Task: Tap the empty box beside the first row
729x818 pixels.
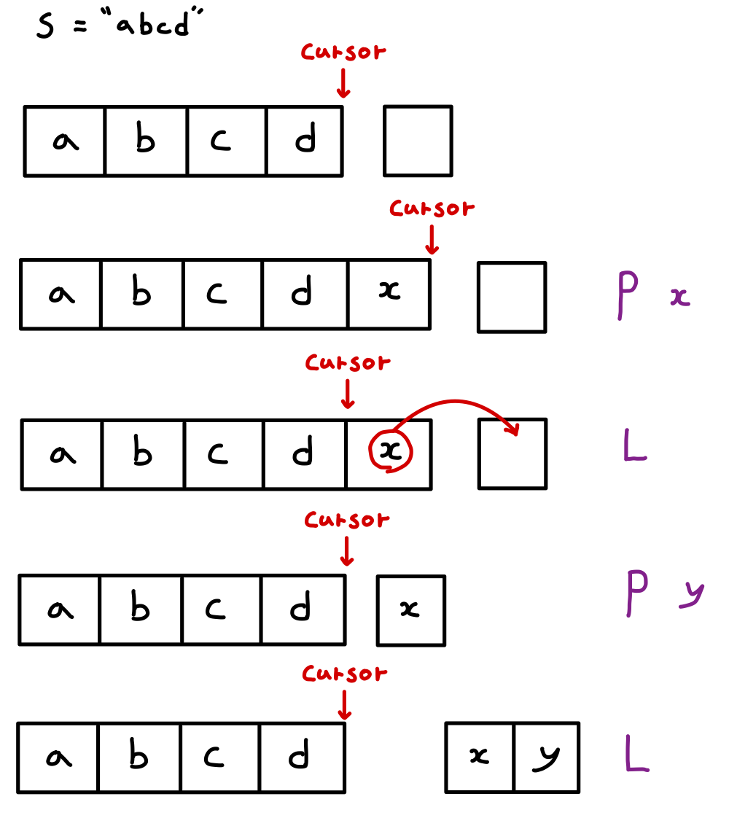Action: point(418,141)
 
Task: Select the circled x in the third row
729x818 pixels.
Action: point(391,452)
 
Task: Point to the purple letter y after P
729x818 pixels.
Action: point(690,592)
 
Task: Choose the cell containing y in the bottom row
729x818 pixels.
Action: point(546,757)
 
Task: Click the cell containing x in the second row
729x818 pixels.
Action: point(390,293)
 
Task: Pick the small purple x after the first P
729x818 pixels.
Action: point(679,297)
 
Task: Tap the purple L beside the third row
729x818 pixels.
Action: point(635,446)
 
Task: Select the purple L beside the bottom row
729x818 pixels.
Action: point(636,754)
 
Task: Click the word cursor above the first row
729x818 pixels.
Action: point(343,52)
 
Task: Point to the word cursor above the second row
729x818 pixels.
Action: point(432,209)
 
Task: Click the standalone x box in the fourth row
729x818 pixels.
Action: point(411,610)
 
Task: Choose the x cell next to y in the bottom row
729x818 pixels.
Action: point(480,757)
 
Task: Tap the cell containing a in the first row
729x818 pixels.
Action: point(65,141)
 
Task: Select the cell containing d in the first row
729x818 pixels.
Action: point(305,141)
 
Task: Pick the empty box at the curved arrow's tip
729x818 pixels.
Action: point(512,453)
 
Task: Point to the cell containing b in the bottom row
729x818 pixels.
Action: point(139,757)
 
